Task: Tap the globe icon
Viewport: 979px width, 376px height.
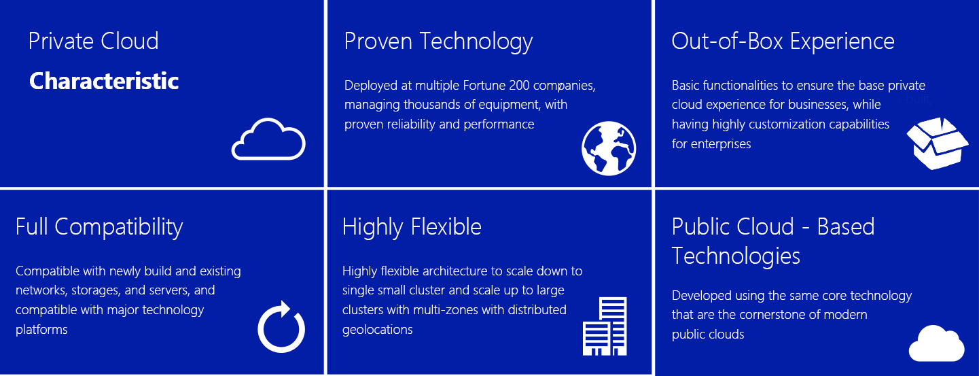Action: [x=608, y=149]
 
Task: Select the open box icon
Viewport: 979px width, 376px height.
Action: [x=937, y=143]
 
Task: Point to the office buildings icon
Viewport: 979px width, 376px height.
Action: [x=605, y=326]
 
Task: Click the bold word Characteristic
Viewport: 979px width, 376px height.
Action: [x=104, y=81]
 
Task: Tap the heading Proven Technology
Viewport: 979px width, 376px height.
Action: [x=438, y=42]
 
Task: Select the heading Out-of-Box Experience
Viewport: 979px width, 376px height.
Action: [x=783, y=41]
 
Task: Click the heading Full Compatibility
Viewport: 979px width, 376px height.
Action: [x=99, y=227]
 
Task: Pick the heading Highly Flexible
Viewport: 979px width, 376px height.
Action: [x=412, y=227]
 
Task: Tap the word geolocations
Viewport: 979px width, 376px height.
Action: [x=377, y=330]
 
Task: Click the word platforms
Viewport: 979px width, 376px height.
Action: [x=41, y=330]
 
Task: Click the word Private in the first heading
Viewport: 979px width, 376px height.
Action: [x=61, y=41]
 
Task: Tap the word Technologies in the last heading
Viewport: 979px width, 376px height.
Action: [x=736, y=256]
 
